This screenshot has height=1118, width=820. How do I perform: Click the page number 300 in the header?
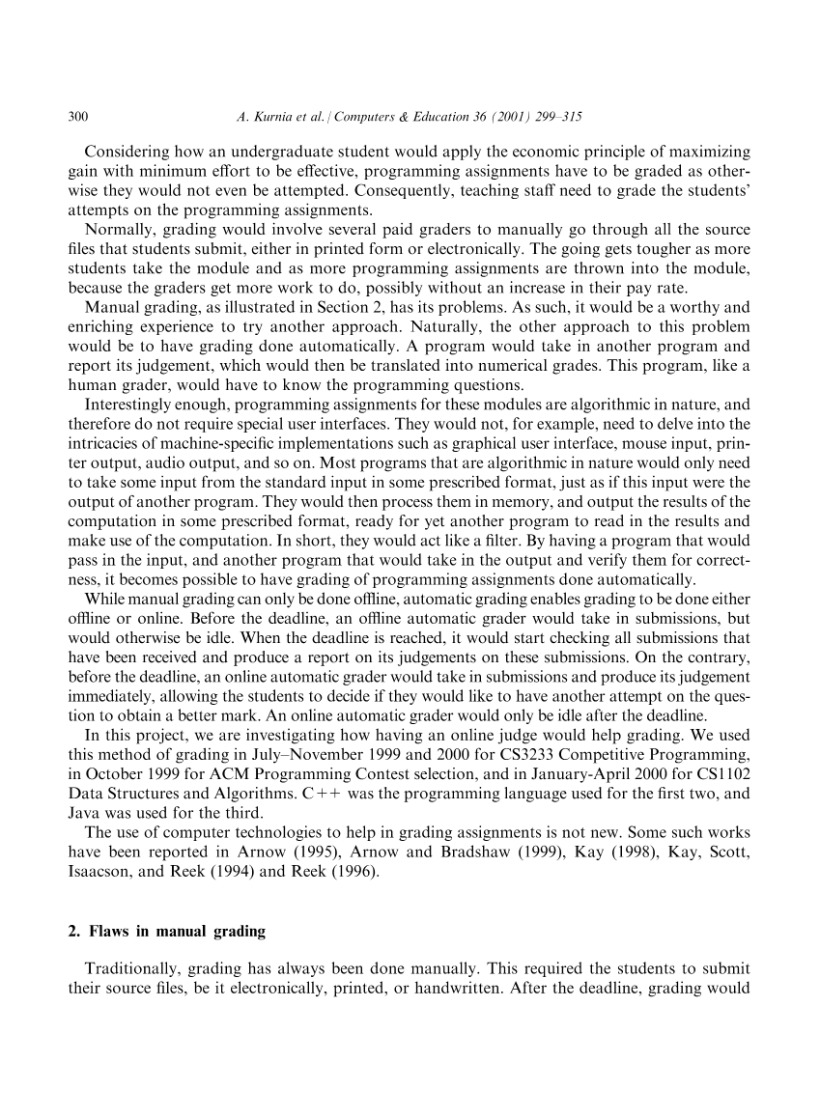(x=78, y=118)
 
